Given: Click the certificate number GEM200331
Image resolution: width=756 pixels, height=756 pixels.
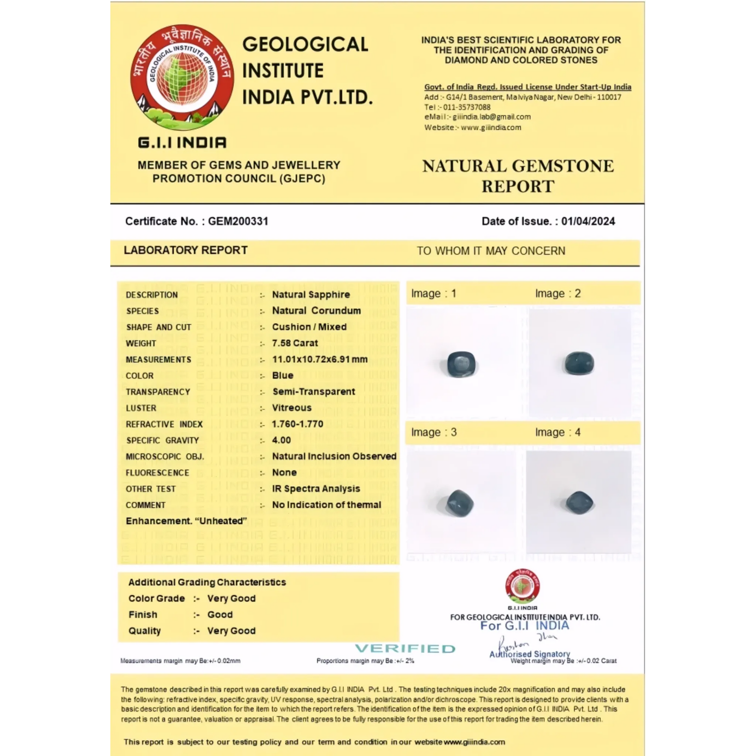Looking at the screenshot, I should point(238,221).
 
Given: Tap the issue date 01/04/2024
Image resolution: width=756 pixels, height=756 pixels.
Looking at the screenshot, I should point(588,221).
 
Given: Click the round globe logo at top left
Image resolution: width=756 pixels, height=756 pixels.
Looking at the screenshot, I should point(182,78).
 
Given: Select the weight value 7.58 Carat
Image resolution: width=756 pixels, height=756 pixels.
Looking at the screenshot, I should point(295,343).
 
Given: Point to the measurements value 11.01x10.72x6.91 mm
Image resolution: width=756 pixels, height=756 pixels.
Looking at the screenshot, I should point(320,359).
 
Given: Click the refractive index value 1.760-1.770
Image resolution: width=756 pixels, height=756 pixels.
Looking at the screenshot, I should point(297,424).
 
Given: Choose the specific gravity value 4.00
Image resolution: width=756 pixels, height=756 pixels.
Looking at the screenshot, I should point(281,440).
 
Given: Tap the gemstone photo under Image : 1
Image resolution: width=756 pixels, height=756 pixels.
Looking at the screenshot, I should point(461,364).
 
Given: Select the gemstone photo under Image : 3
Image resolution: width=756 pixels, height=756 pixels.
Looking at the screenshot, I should point(460,503).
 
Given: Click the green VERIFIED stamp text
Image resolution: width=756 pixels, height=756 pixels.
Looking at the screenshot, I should point(405,649).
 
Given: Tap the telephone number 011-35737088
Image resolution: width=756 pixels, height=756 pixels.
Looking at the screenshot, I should point(467,107).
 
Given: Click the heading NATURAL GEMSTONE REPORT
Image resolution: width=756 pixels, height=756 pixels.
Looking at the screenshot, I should point(518,176).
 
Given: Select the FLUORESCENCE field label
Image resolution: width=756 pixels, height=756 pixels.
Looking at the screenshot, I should point(157,472).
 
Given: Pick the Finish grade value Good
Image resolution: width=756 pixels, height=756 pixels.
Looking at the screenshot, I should point(220,615).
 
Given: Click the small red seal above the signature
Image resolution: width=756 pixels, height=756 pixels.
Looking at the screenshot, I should point(523,586).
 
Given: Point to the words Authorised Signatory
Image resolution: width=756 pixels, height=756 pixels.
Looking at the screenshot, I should point(530,654).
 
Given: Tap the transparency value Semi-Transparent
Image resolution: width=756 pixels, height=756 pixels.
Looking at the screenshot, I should point(314,392).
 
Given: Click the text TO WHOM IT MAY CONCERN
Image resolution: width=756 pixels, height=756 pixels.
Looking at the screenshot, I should point(491,251).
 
